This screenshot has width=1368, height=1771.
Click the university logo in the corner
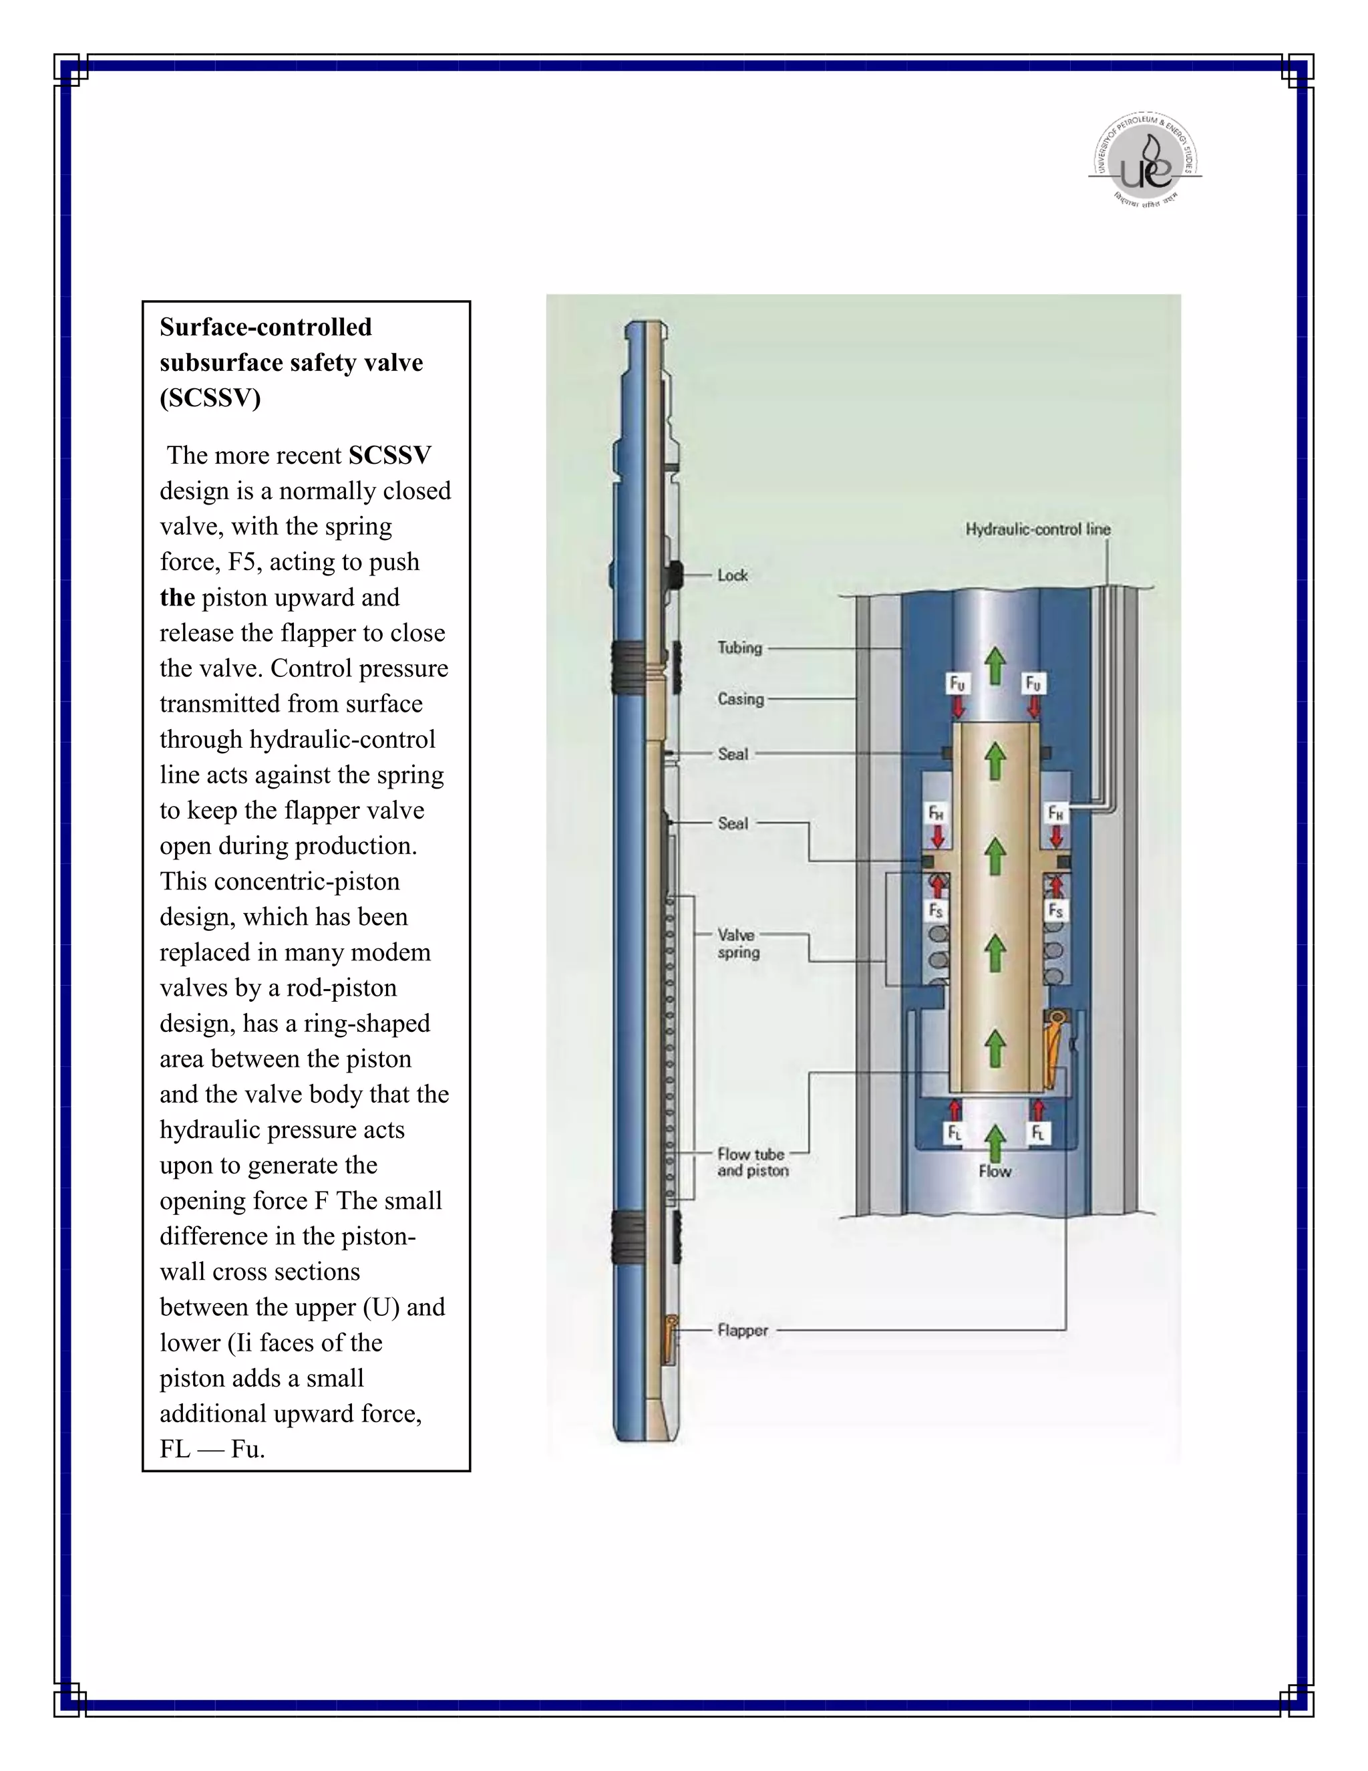click(1144, 160)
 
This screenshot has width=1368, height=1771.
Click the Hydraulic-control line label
click(1037, 529)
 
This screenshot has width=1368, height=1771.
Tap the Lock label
click(732, 575)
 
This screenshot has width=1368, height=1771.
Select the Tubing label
click(739, 647)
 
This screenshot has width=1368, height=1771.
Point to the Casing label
click(740, 699)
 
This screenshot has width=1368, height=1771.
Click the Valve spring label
click(737, 944)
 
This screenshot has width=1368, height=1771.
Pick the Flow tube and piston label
click(752, 1162)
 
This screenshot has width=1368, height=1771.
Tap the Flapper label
click(742, 1330)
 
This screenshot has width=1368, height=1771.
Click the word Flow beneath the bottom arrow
click(995, 1171)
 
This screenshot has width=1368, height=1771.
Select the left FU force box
click(957, 684)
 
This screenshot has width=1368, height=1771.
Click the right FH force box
click(1055, 813)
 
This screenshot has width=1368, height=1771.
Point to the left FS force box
click(936, 911)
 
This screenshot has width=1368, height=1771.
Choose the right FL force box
click(1038, 1133)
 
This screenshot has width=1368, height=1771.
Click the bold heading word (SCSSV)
click(210, 398)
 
